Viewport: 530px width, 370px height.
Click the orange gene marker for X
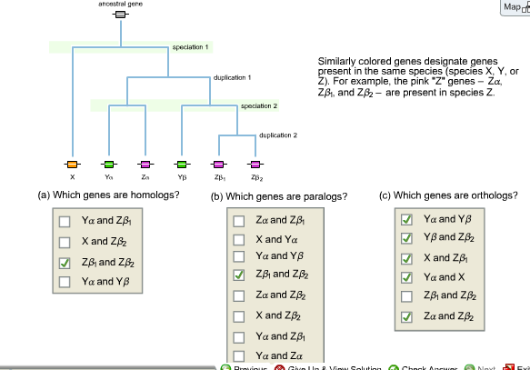click(x=72, y=164)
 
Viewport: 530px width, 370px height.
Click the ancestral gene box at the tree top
click(x=120, y=25)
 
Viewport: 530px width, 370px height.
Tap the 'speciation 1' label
click(x=190, y=45)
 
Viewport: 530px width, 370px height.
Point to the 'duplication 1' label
click(x=232, y=78)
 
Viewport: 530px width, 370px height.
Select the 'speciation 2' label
click(x=258, y=106)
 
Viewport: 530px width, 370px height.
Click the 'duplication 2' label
click(x=278, y=135)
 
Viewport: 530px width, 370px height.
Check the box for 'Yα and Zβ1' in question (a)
click(x=64, y=221)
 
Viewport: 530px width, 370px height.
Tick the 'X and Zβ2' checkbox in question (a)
click(x=64, y=242)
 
